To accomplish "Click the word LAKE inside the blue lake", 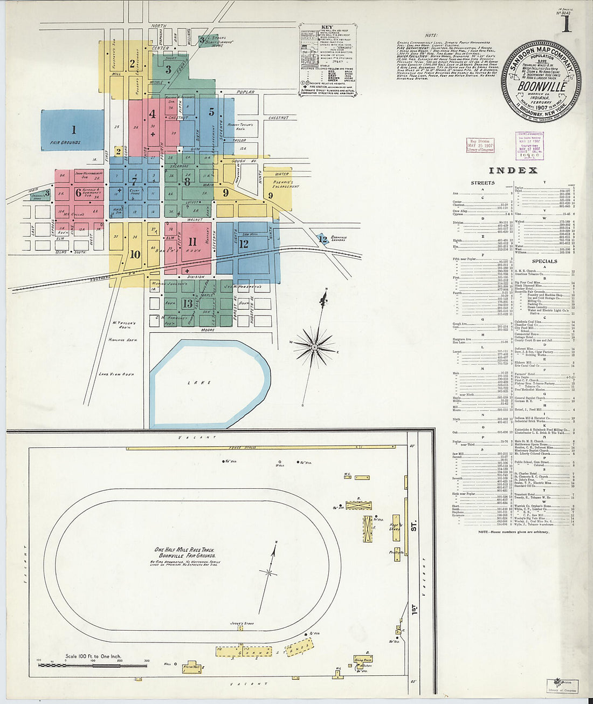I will [x=206, y=382].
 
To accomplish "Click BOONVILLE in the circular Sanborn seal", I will [x=542, y=86].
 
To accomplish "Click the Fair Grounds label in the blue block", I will [x=66, y=142].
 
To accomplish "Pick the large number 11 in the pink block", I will [x=192, y=241].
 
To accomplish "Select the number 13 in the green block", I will [x=187, y=303].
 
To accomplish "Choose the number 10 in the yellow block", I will [x=135, y=255].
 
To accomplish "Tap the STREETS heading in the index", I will [x=482, y=183].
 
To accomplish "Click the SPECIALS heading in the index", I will [x=544, y=261].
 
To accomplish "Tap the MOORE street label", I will [x=208, y=330].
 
